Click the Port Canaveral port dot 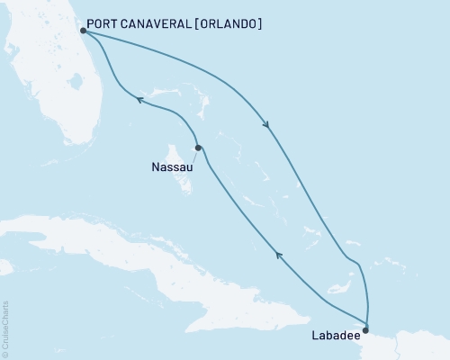click(x=82, y=31)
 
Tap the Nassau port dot click(x=197, y=148)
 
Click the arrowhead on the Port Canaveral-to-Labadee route click(x=265, y=124)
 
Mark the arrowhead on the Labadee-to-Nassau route click(x=279, y=256)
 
